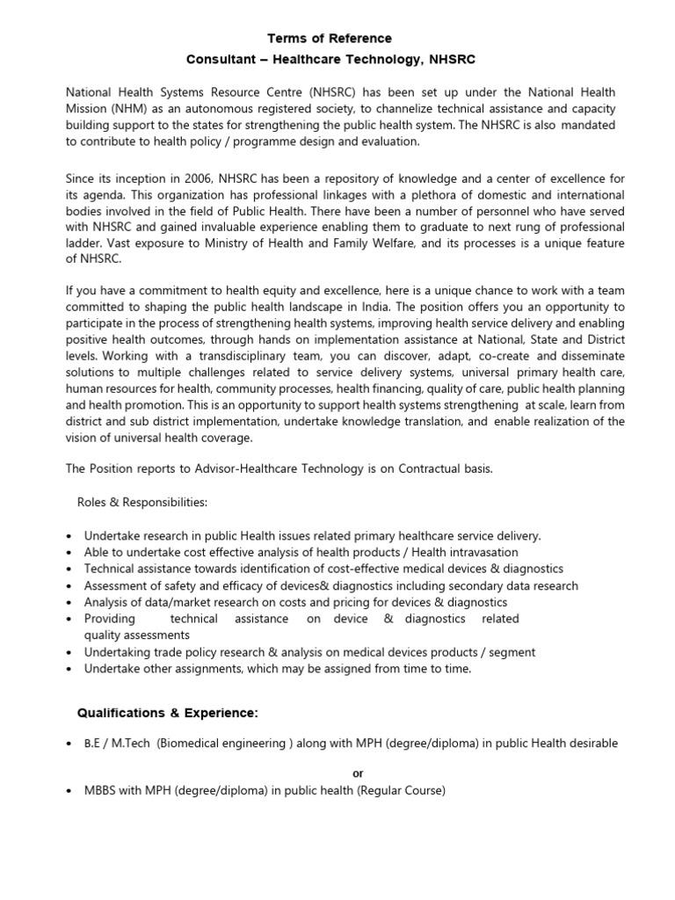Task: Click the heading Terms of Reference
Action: pyautogui.click(x=330, y=39)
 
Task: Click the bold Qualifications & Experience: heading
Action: pyautogui.click(x=168, y=711)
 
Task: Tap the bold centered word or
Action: pyautogui.click(x=356, y=773)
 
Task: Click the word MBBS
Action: pyautogui.click(x=101, y=790)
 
